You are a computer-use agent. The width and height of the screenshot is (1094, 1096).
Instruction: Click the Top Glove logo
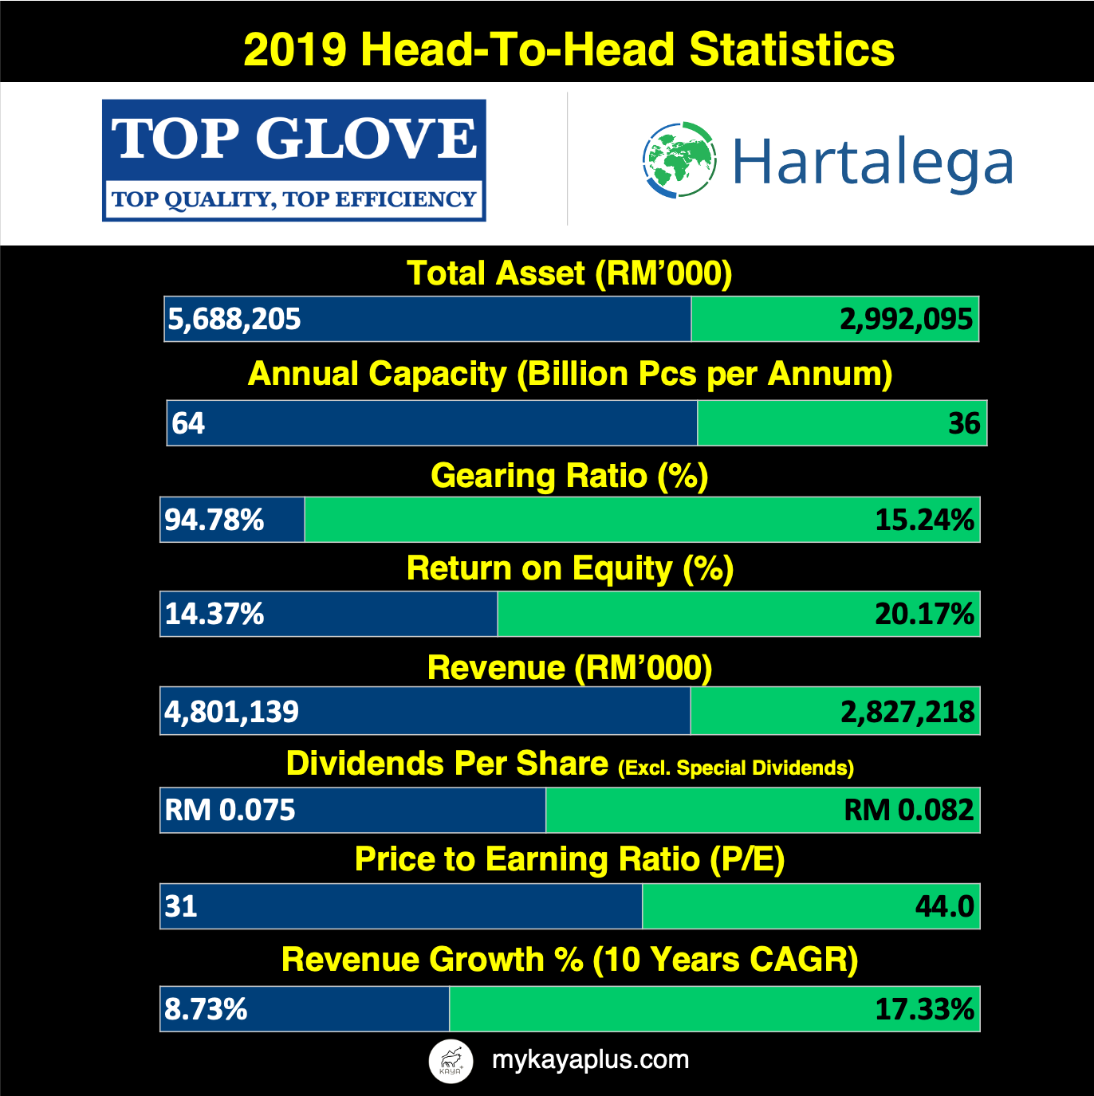293,160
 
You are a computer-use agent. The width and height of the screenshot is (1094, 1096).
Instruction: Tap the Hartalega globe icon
679,160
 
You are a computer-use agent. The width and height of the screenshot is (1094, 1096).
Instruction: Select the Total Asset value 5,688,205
234,319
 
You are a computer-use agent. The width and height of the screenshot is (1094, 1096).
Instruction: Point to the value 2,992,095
906,319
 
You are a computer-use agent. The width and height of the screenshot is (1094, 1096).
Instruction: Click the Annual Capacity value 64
188,423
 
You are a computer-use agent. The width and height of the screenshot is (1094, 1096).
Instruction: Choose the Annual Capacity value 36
964,423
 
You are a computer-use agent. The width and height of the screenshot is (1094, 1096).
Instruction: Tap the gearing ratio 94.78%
214,520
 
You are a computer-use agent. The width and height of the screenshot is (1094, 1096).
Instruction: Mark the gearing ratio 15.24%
924,520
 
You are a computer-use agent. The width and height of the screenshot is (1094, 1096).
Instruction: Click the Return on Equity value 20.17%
924,615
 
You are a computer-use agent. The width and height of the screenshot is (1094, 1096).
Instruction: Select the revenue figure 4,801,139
232,712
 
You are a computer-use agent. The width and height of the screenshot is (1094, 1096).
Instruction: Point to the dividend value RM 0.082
908,810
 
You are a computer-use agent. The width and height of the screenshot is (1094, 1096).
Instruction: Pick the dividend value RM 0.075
230,810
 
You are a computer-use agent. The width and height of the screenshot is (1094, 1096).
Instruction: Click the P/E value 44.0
944,906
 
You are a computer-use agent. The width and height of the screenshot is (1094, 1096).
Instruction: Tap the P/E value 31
181,906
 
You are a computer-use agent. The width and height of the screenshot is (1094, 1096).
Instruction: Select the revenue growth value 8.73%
206,1010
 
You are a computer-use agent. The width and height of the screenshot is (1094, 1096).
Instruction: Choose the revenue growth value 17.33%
924,1010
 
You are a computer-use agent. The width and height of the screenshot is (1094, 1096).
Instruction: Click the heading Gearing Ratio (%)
569,476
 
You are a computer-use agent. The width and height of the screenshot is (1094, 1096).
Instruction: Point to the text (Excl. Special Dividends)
735,768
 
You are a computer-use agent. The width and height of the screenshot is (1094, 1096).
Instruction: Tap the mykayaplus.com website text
590,1059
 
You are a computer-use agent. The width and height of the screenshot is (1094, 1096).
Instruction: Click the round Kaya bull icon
451,1061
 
